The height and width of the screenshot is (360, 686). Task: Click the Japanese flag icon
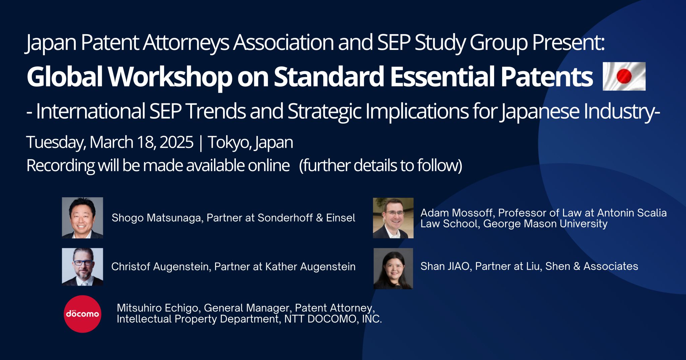[x=624, y=76]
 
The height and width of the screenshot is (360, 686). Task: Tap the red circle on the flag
[x=624, y=76]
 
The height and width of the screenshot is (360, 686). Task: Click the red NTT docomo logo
[x=82, y=314]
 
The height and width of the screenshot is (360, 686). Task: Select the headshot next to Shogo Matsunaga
[x=82, y=218]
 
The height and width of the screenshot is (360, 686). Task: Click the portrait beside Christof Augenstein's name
[x=82, y=267]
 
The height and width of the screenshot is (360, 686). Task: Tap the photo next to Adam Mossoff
[x=393, y=218]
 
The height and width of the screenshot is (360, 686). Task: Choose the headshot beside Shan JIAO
[x=393, y=269]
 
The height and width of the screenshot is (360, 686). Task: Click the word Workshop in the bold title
[x=170, y=77]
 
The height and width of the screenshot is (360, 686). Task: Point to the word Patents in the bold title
[x=547, y=77]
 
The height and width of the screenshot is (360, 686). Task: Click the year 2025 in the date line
[x=177, y=142]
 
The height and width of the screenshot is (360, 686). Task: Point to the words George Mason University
[x=545, y=224]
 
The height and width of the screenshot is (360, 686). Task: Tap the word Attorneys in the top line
[x=186, y=43]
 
